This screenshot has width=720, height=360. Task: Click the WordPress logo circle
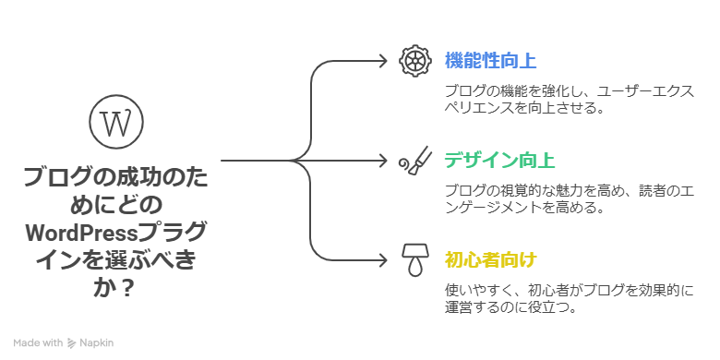(x=115, y=122)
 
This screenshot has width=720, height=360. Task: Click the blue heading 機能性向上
(x=489, y=61)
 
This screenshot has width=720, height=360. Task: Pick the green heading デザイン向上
(x=499, y=160)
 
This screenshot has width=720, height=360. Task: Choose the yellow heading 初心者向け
(x=489, y=258)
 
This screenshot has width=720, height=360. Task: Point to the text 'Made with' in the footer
(x=38, y=342)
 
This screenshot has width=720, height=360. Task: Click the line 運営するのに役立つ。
(x=510, y=307)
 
